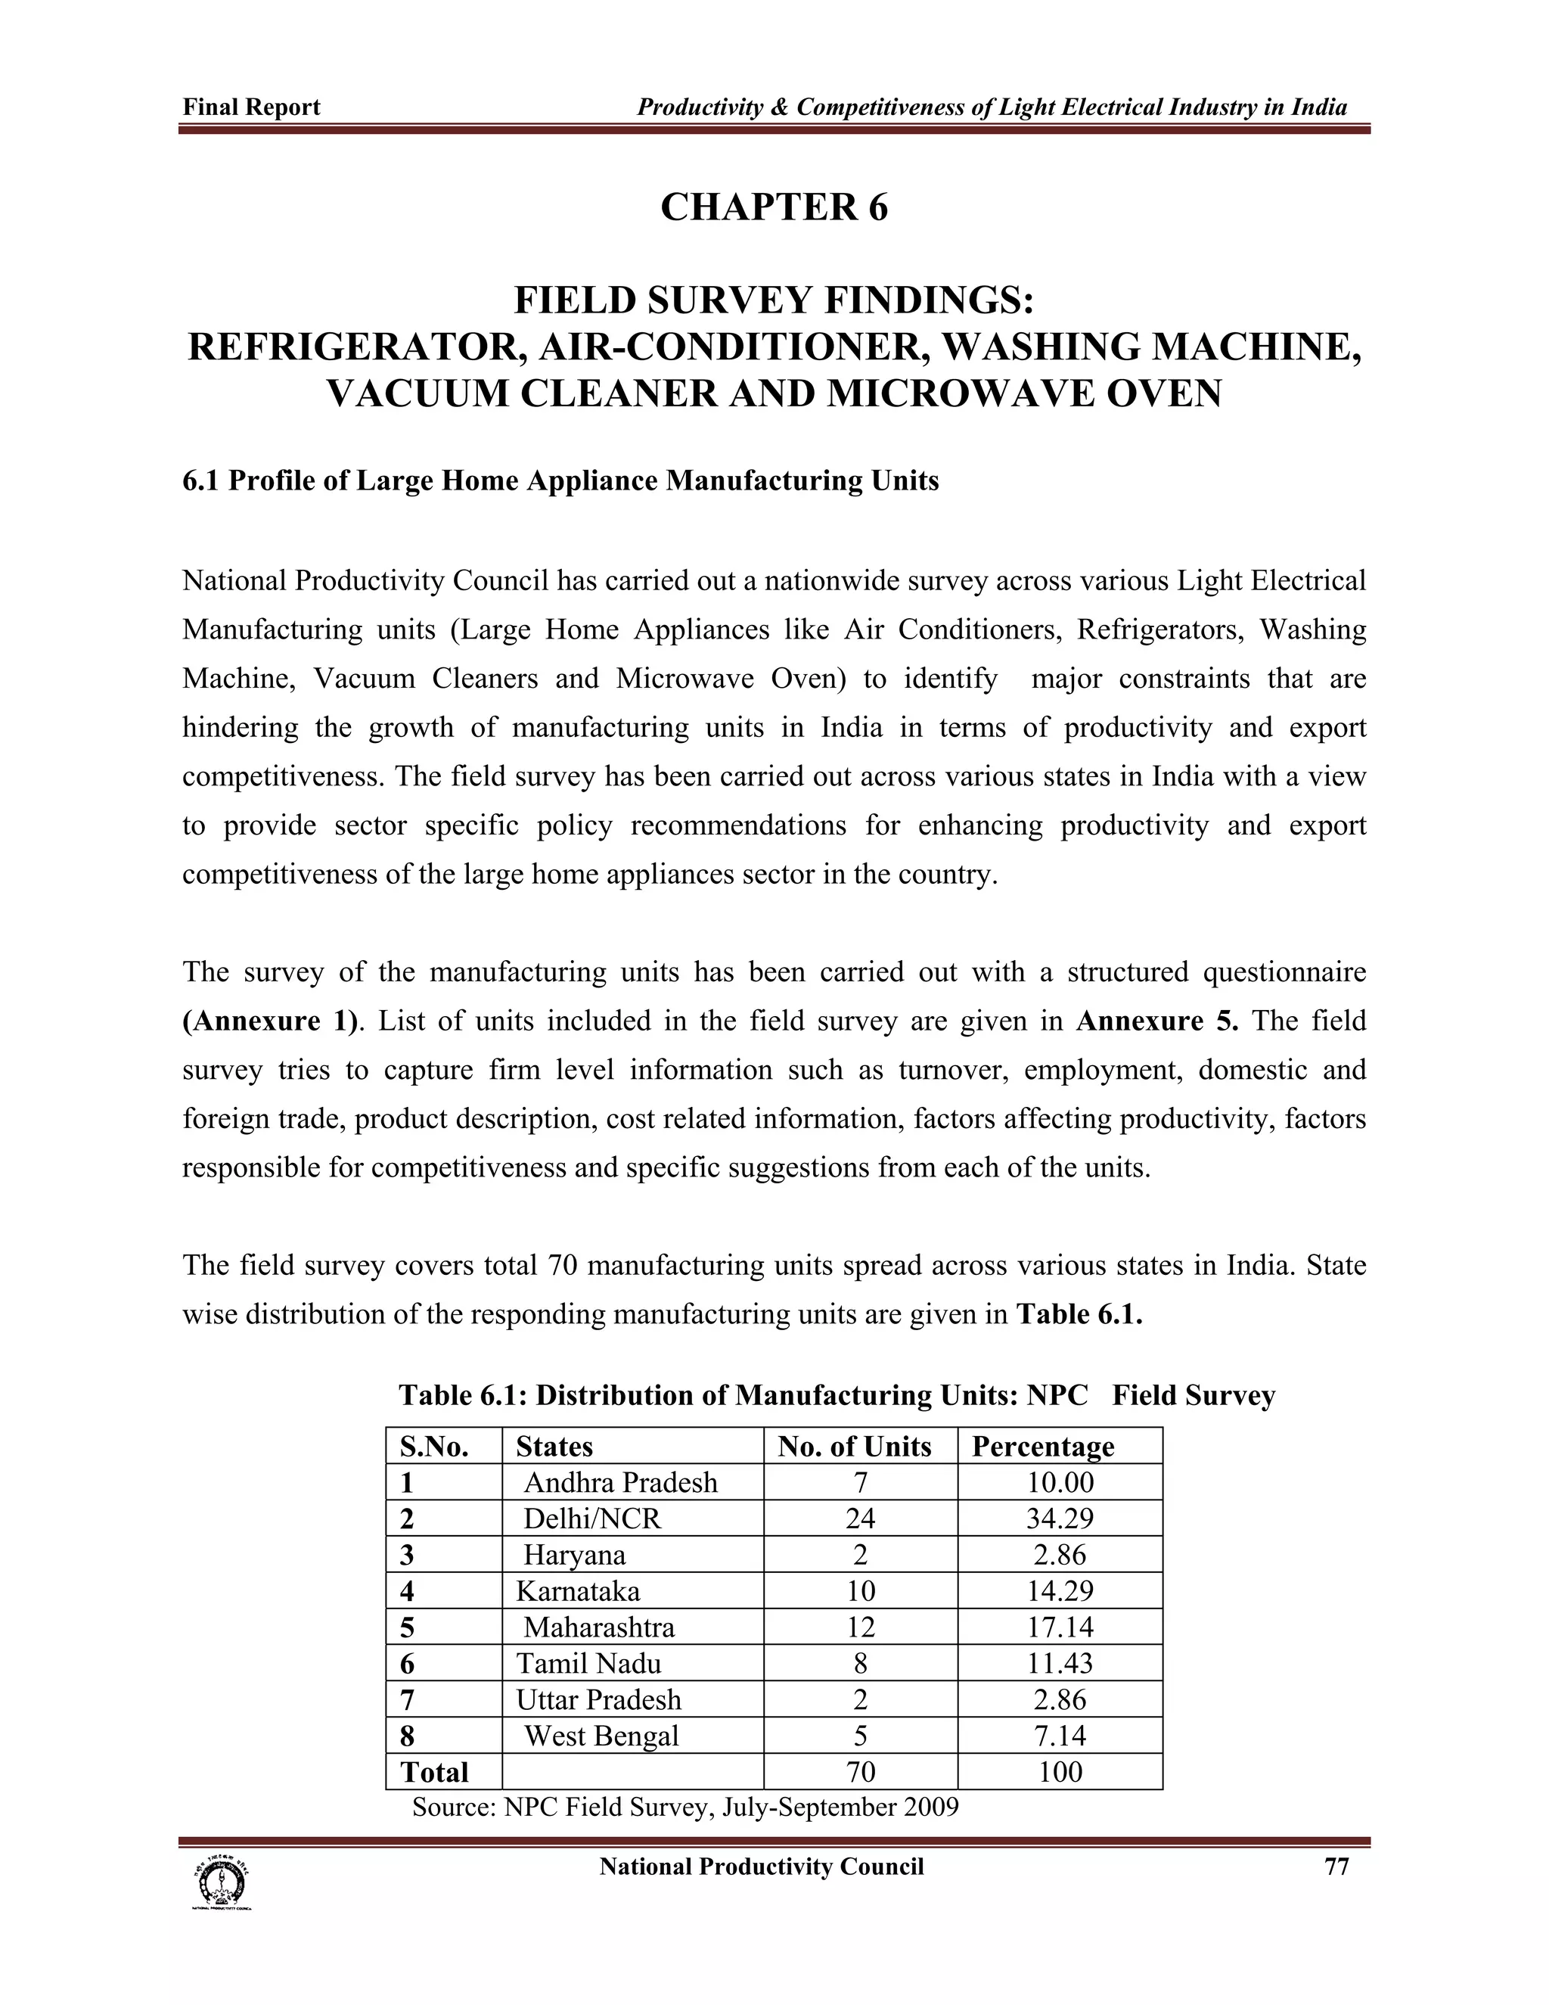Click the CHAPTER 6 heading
pyautogui.click(x=774, y=207)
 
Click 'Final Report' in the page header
pyautogui.click(x=251, y=107)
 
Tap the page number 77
pyautogui.click(x=1336, y=1867)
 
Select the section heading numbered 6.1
pyautogui.click(x=560, y=481)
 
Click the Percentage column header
pyautogui.click(x=1042, y=1447)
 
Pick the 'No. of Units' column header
pyautogui.click(x=855, y=1447)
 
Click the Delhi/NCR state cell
pyautogui.click(x=592, y=1519)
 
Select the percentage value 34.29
pyautogui.click(x=1060, y=1519)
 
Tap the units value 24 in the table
pyautogui.click(x=860, y=1519)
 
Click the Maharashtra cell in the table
pyautogui.click(x=598, y=1627)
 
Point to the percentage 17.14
pyautogui.click(x=1060, y=1627)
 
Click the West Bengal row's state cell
pyautogui.click(x=601, y=1736)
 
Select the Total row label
pyautogui.click(x=434, y=1772)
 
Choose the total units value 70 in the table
pyautogui.click(x=860, y=1772)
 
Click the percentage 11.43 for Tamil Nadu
pyautogui.click(x=1060, y=1664)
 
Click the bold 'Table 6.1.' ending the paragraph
pyautogui.click(x=1079, y=1315)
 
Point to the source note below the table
pyautogui.click(x=684, y=1807)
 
